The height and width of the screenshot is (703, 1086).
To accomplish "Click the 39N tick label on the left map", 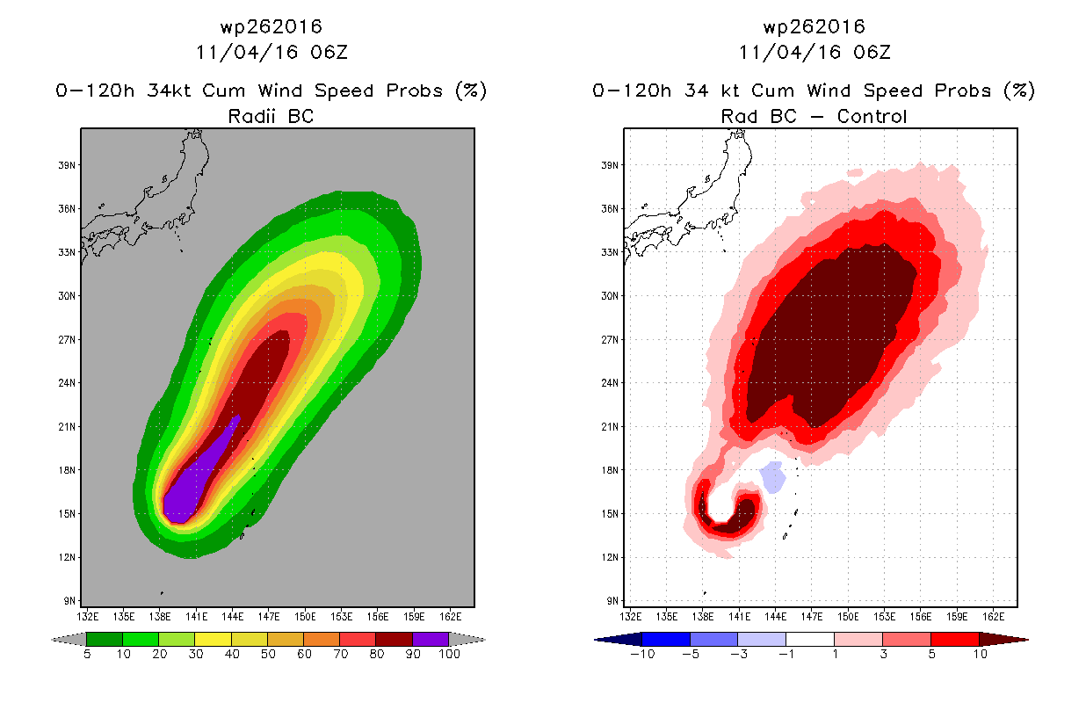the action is (67, 165).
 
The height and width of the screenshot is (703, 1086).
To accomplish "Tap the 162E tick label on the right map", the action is (993, 617).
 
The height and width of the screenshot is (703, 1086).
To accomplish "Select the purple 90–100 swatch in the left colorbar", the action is (431, 639).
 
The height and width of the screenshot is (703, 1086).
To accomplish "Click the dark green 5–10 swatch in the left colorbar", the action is (105, 639).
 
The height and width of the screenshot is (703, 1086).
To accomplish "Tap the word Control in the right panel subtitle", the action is (872, 116).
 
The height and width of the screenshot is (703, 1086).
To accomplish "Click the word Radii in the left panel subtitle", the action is (251, 116).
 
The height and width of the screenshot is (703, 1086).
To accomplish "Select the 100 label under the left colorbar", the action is (449, 654).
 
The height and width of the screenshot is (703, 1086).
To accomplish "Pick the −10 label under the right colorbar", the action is (642, 654).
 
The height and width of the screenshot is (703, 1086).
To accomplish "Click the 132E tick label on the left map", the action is (88, 617).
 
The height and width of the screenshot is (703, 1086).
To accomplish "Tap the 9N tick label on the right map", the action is (612, 601).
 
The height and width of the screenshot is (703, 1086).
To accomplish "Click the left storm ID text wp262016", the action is (271, 27).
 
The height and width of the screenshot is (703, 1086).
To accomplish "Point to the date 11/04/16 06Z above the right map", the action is (814, 53).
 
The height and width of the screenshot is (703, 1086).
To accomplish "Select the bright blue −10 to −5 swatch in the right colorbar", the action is (666, 639).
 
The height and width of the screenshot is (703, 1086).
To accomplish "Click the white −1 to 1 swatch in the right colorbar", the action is (810, 639).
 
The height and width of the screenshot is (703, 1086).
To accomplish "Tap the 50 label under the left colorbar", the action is (268, 654).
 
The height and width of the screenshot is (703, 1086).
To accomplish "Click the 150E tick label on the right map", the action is (848, 617).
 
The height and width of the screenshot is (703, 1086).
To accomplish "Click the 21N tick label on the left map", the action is (67, 427).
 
